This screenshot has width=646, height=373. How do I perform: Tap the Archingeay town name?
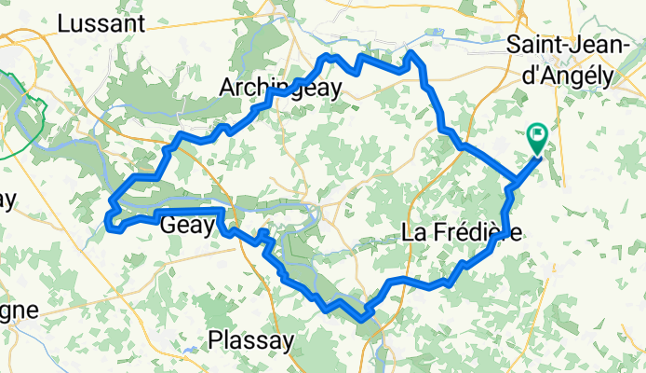[280, 88]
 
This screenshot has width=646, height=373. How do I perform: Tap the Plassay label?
[249, 339]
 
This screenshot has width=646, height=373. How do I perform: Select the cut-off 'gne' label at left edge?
[19, 311]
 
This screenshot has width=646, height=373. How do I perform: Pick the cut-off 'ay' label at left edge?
[8, 200]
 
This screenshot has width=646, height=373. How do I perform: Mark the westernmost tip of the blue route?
[108, 220]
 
